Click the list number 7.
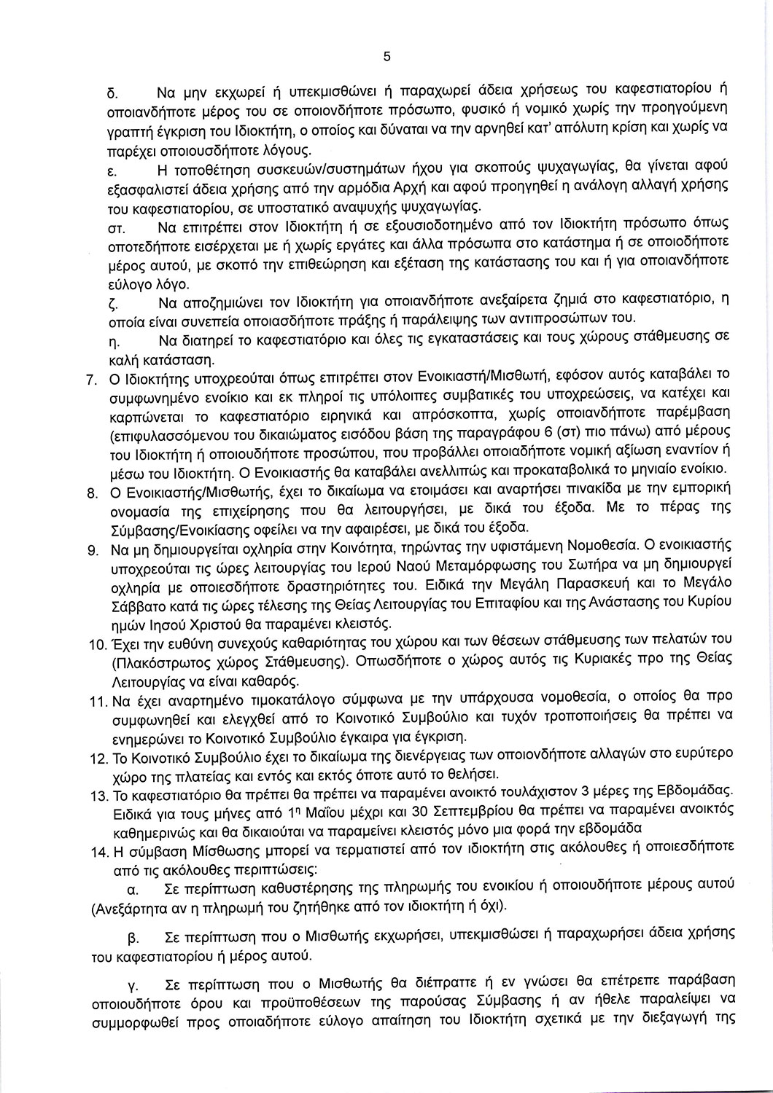[92, 380]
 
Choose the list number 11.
[96, 702]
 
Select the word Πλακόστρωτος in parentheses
[155, 663]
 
